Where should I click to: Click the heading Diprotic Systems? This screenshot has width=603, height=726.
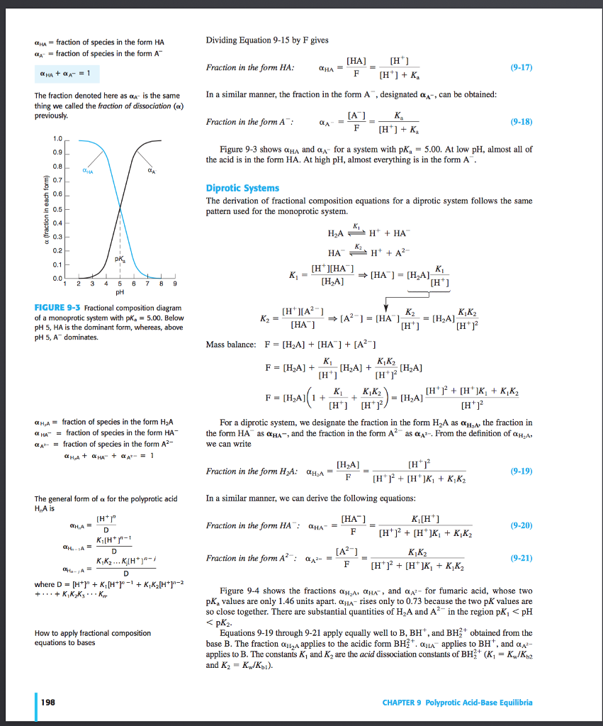[242, 188]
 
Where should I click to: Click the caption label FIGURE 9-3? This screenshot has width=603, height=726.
[57, 308]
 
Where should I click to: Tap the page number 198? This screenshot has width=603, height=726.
[49, 703]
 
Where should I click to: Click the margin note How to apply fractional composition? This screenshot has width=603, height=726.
[92, 633]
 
